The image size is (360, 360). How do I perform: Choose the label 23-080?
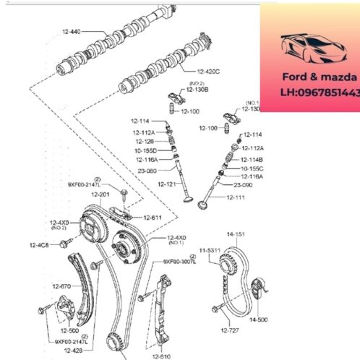145,171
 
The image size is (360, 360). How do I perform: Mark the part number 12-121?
167,184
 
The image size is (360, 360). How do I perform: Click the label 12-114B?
252,158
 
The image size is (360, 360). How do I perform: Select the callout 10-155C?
252,168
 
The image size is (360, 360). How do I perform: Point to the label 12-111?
236,197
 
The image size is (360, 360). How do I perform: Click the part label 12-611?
153,217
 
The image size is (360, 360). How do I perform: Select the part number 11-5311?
210,249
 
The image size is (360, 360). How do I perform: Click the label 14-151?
236,235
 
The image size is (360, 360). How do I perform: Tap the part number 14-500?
258,317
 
